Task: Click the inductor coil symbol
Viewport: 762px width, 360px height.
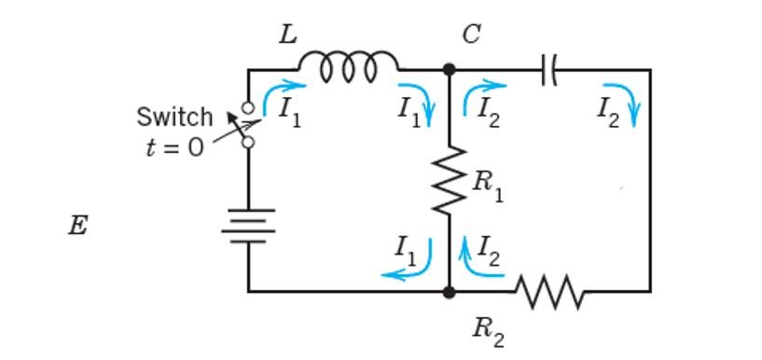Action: point(348,65)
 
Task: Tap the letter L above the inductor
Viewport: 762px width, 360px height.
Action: point(288,35)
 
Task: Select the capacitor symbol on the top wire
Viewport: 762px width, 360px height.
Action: point(548,69)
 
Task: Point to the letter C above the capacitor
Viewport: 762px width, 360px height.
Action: point(471,35)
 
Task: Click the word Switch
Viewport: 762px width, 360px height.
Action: point(174,118)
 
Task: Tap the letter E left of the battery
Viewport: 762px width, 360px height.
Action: point(78,227)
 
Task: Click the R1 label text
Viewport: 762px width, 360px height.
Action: point(487,183)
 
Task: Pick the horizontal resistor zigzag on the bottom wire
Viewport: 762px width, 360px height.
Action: point(549,291)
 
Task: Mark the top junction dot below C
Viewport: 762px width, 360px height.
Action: point(449,69)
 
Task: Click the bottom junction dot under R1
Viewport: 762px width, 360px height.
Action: point(449,292)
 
